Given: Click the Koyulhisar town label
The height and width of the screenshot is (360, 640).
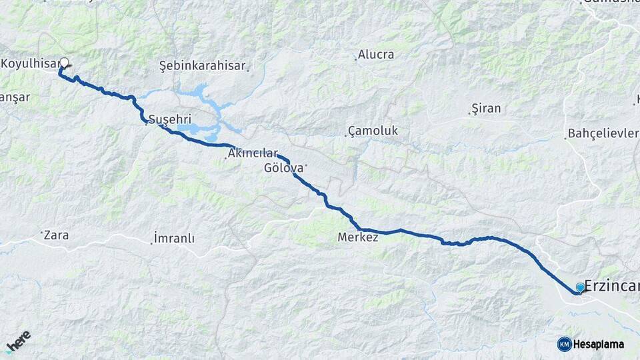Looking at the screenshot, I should tap(30, 64).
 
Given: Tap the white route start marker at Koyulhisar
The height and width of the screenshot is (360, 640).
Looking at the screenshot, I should tap(64, 63).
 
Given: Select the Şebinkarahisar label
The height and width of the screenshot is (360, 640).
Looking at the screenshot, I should tap(202, 66).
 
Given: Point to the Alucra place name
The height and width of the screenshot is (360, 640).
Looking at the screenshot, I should tap(376, 55).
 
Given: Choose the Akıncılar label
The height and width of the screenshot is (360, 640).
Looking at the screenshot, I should tap(253, 153).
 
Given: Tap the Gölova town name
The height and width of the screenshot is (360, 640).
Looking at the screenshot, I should tap(283, 168).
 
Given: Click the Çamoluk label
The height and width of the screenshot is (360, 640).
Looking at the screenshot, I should tap(374, 131).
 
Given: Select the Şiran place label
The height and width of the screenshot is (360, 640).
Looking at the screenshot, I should tap(486, 108).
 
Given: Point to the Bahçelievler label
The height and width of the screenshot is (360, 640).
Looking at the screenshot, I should tap(603, 133).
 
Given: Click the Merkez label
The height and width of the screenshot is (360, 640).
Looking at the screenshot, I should tap(358, 237).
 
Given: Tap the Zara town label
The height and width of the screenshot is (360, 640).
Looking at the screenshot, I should tap(57, 235).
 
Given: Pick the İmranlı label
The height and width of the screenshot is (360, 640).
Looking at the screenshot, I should tap(174, 238).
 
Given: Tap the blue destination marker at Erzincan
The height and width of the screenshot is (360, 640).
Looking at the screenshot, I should tap(580, 287).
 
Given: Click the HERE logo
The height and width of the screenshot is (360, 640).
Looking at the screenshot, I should tap(19, 339).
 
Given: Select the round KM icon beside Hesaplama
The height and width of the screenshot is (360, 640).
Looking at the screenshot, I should tap(564, 344).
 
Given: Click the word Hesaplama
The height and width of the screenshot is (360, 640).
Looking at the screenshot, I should tap(599, 344).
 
